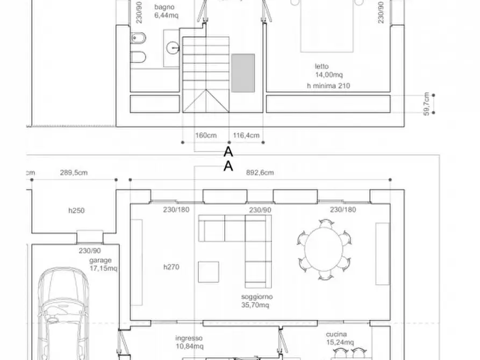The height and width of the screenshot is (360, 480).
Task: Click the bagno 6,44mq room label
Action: coord(166,11)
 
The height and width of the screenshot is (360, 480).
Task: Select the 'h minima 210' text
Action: coord(328,85)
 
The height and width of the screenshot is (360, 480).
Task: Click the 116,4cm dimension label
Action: coord(247,135)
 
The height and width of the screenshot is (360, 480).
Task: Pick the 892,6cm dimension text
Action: coord(260,172)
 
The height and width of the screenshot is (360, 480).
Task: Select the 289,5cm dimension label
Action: coord(74,172)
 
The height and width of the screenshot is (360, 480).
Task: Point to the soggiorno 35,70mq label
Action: coord(257,300)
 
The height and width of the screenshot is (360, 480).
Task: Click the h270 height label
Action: coord(171,266)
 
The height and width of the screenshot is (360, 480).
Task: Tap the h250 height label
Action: coord(76,211)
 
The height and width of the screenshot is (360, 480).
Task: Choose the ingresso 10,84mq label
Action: coord(189,342)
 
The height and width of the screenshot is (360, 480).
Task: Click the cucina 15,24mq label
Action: coord(340,338)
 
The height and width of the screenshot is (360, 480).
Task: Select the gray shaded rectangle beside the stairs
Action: coord(243,73)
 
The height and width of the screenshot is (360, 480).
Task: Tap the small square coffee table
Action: coord(208,271)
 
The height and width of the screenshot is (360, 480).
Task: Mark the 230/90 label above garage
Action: coord(89,250)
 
